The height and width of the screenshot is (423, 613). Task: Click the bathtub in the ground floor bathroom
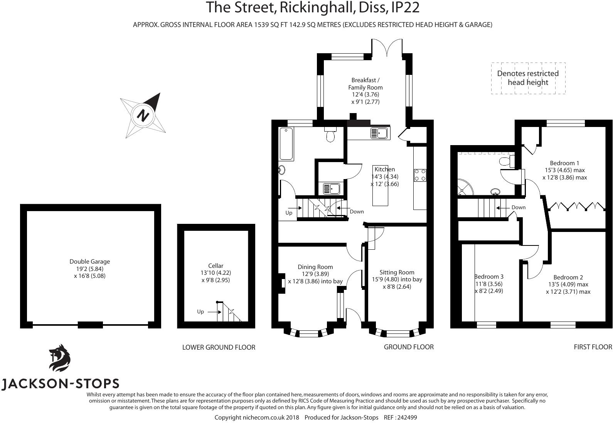286,144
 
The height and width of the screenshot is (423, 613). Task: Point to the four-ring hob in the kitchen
420,175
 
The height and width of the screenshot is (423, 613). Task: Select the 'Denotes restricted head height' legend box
528,78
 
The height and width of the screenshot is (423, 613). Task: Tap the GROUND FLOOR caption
408,347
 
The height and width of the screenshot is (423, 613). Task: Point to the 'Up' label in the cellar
200,312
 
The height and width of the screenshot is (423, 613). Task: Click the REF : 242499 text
400,418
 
